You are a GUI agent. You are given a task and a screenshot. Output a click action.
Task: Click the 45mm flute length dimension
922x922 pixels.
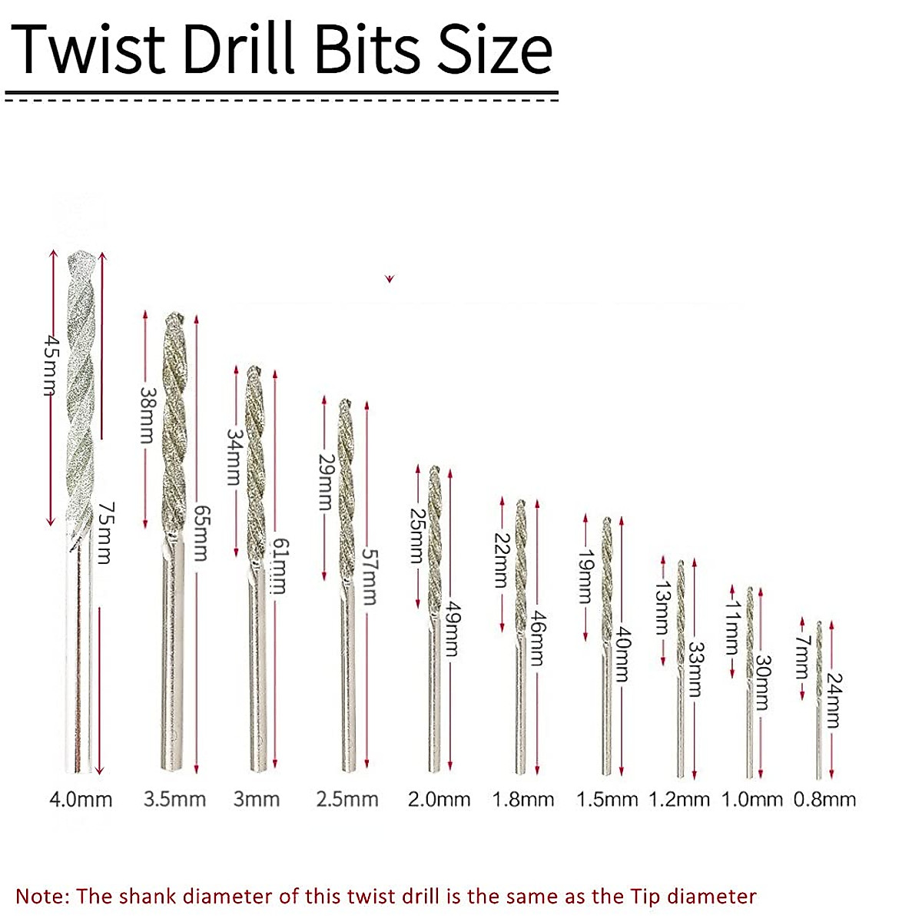point(51,366)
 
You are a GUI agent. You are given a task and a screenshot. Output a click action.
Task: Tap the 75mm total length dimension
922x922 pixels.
point(106,532)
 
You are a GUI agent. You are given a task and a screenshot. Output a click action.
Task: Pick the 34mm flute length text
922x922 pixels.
point(234,457)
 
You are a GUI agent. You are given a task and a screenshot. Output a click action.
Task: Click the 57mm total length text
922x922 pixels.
point(369,576)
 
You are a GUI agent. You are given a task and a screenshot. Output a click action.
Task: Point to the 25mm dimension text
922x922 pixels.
point(416,535)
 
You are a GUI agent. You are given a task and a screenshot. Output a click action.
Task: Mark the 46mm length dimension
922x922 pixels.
point(538,638)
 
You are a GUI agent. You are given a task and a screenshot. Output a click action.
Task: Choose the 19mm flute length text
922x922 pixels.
point(585,575)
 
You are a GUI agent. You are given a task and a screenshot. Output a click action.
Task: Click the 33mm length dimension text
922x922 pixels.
point(695,669)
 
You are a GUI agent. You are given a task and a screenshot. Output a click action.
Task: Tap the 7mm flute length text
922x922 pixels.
point(802,657)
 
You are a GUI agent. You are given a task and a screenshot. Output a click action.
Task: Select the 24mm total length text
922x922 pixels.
point(833,701)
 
